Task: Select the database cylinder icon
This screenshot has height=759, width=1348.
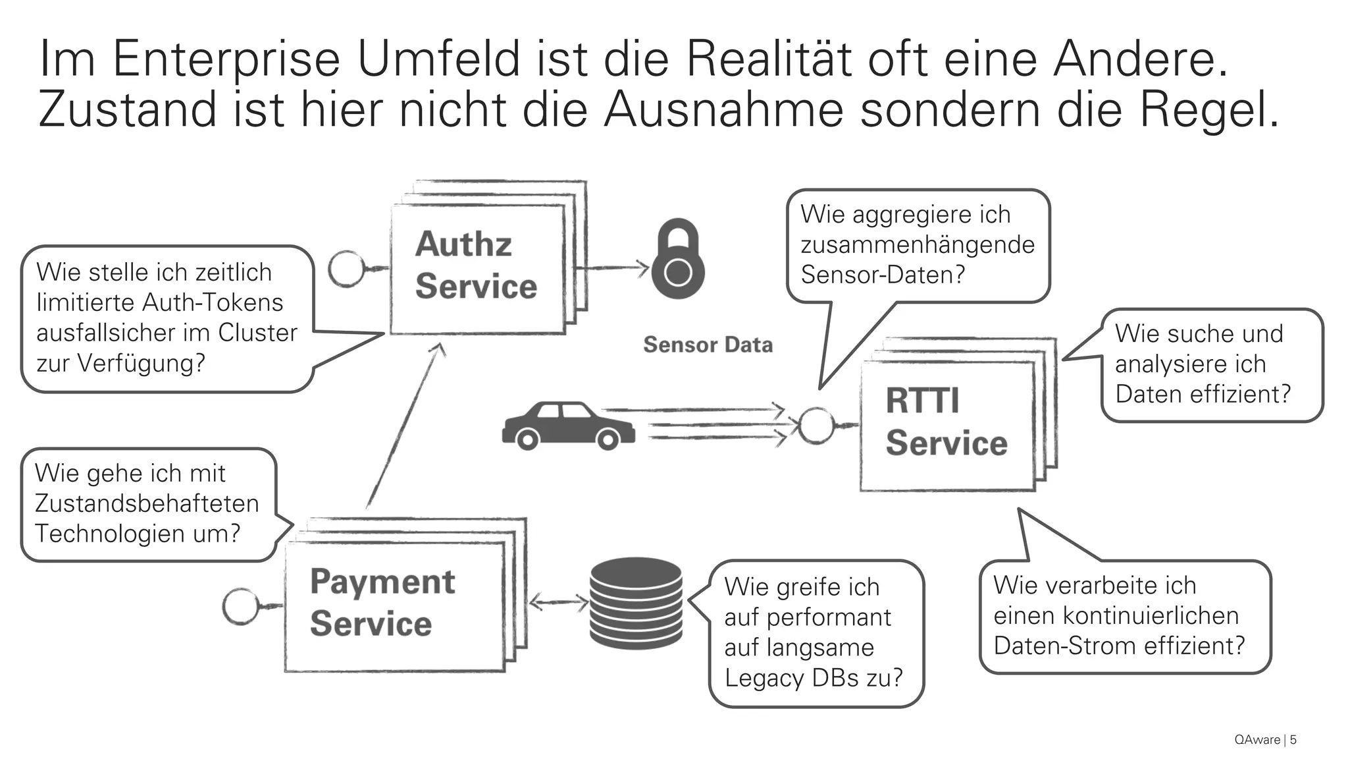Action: tap(635, 603)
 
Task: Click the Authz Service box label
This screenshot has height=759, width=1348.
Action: tap(476, 265)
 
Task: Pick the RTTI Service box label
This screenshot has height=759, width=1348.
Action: tap(946, 422)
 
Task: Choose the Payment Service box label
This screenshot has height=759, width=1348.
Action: tap(382, 602)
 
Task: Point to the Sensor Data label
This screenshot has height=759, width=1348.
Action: tap(708, 345)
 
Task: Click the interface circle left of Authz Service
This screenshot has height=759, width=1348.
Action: tap(346, 269)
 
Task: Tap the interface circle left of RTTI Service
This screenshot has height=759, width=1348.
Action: tap(816, 425)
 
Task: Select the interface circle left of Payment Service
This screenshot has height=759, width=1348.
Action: tap(241, 606)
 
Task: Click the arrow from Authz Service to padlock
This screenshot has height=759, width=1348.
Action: tap(612, 267)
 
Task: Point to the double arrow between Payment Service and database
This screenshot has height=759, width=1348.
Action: tap(559, 602)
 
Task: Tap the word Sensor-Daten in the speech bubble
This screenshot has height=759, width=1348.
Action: tap(881, 275)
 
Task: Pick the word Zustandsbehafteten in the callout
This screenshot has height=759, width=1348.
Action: tap(147, 503)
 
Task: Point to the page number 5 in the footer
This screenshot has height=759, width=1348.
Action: tap(1293, 740)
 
